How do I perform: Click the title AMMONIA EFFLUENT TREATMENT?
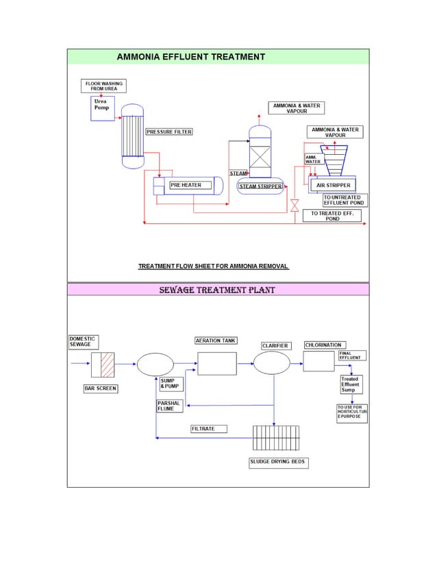click(190, 57)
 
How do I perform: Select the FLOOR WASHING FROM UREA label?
click(103, 86)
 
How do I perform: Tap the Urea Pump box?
click(103, 108)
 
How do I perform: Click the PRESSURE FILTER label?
click(168, 132)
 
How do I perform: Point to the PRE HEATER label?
click(186, 185)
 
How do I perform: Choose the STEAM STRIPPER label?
click(260, 186)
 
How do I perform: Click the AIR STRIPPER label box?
click(333, 185)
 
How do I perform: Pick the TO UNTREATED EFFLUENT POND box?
click(345, 200)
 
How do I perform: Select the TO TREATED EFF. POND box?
click(332, 216)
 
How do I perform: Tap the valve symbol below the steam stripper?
click(294, 205)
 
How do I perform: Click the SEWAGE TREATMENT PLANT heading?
click(217, 290)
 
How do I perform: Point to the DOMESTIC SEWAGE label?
click(83, 341)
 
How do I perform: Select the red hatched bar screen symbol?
click(107, 364)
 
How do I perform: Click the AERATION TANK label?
click(216, 341)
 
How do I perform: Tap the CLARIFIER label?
click(275, 345)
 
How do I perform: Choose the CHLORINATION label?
click(323, 345)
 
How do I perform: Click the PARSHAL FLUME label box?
click(169, 406)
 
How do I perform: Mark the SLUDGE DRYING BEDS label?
click(277, 463)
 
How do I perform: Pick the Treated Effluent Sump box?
click(350, 384)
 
